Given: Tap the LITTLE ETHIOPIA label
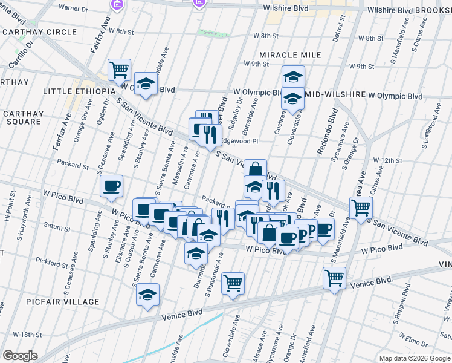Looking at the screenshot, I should [79, 91].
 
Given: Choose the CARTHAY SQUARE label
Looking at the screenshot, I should [22, 117].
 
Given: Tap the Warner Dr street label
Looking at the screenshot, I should [74, 8].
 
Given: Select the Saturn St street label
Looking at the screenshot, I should [57, 228].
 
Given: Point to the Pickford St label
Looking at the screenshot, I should [53, 264].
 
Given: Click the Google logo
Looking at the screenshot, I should [20, 356].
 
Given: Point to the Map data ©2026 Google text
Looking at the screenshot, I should [415, 358].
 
